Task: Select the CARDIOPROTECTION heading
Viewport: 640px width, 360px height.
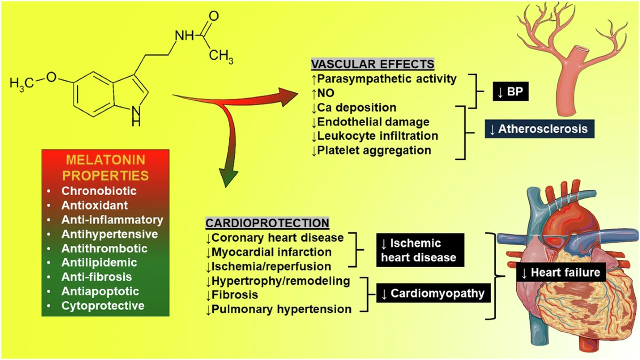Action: [x=267, y=223]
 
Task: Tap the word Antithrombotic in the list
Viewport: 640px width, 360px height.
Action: [x=104, y=249]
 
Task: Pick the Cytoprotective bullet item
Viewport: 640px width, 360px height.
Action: [x=102, y=306]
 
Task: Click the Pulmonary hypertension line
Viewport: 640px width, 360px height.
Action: [x=278, y=309]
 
